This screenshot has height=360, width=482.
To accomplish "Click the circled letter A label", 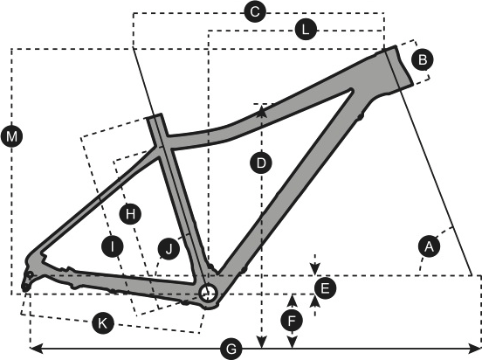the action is click(429, 246).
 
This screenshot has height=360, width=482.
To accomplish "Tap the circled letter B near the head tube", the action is click(423, 59).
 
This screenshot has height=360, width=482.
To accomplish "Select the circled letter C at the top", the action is click(255, 12).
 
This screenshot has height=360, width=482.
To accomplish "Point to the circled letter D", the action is click(261, 163).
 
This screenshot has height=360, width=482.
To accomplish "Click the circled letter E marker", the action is click(325, 288).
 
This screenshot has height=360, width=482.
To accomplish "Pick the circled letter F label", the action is click(292, 321).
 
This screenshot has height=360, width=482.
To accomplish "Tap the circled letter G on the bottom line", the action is click(231, 350).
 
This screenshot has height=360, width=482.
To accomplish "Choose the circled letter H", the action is click(130, 213).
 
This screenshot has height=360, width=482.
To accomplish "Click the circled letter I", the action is click(113, 246).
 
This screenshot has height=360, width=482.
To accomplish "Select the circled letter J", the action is click(169, 249).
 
